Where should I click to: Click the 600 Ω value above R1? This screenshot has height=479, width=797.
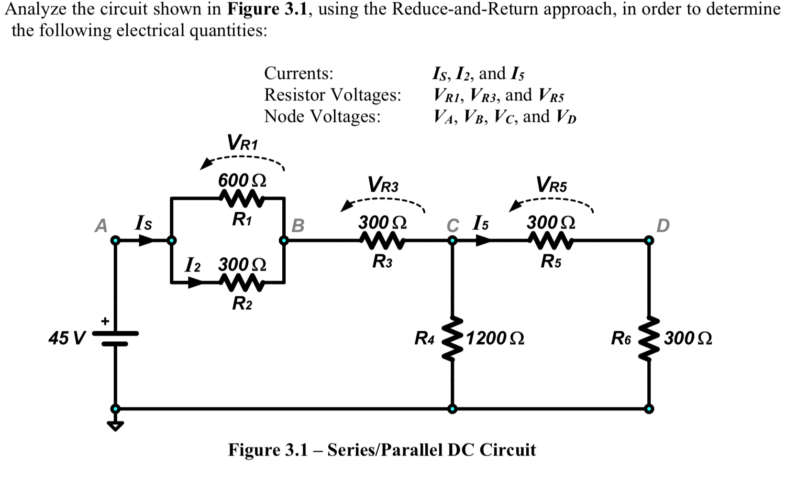pos(242,181)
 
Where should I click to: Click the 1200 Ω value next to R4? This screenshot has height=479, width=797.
pos(495,338)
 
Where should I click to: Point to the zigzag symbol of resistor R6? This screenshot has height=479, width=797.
pos(649,338)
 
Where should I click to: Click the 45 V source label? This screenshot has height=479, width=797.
pos(66,338)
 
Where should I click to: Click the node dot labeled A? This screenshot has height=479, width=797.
pos(115,240)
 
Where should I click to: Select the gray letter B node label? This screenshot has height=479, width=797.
pos(298,225)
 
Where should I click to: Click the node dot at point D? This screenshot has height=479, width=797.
pos(649,240)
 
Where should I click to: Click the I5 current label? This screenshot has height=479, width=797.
pos(481,223)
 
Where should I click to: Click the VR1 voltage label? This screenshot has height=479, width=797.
pos(242,142)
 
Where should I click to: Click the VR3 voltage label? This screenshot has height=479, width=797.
pos(383,184)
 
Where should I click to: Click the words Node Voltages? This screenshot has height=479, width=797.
pos(322,116)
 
